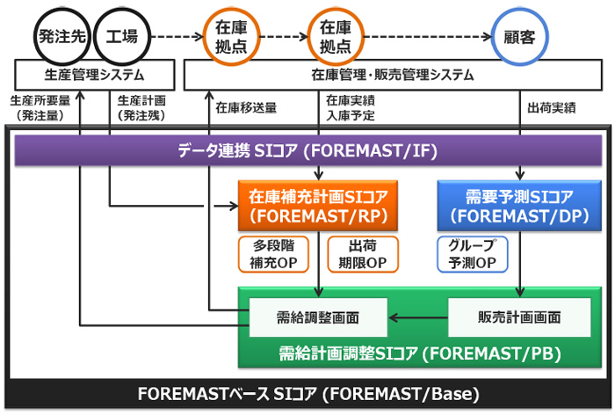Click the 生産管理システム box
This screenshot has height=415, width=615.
coord(95,75)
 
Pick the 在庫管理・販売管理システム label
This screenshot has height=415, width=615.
coord(393,75)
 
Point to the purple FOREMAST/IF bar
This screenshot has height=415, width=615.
coord(307,150)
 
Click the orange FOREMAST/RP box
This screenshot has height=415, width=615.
coord(318,206)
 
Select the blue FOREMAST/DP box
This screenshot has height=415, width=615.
coord(519,206)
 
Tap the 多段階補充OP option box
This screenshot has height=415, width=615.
coord(273,254)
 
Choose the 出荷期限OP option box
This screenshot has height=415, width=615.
coord(363,254)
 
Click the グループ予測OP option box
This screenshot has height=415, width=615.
coord(473,254)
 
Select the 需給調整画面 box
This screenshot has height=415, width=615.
coord(318,317)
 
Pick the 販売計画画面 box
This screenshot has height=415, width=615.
coord(519,317)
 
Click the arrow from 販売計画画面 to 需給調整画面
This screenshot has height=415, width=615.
coord(418,317)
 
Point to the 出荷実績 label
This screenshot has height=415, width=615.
coord(552,108)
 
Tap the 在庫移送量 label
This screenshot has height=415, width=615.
coord(246,108)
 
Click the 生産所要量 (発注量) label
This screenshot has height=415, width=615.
coord(40,108)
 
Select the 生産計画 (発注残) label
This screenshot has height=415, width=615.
coord(141,108)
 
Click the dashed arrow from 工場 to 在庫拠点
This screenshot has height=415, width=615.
coord(177,37)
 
